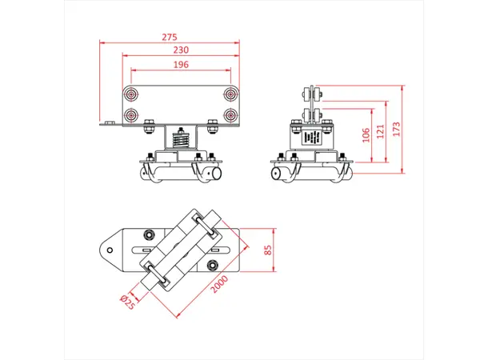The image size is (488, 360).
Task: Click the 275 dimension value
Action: pos(169,37)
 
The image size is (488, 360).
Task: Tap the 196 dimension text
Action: pos(181,65)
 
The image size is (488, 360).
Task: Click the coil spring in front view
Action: pos(181,138)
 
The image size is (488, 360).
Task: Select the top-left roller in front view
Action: pos(131,94)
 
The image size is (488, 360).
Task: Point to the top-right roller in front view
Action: pos(230,94)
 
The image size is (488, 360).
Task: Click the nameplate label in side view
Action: pos(312,138)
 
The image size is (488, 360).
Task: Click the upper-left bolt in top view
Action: pos(149,235)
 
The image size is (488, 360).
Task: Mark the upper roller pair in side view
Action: pos(311,94)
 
